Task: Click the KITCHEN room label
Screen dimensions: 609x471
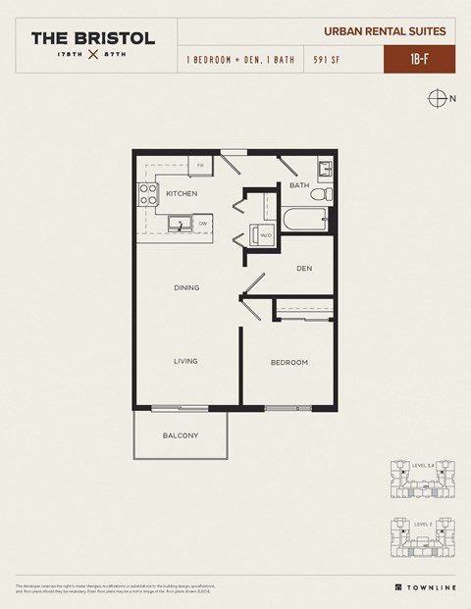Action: pos(182,193)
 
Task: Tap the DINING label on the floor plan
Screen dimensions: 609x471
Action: pos(186,288)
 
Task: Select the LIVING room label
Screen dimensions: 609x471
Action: pos(186,361)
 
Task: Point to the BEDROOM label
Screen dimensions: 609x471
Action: pos(289,362)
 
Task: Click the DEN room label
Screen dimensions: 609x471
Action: pos(304,266)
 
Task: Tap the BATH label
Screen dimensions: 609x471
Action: pos(299,184)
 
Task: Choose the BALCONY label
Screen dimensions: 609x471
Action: pos(181,435)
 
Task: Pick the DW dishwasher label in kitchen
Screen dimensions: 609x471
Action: pos(203,224)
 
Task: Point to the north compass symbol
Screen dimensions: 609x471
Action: pos(439,97)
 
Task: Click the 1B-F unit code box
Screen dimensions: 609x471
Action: pos(417,59)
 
